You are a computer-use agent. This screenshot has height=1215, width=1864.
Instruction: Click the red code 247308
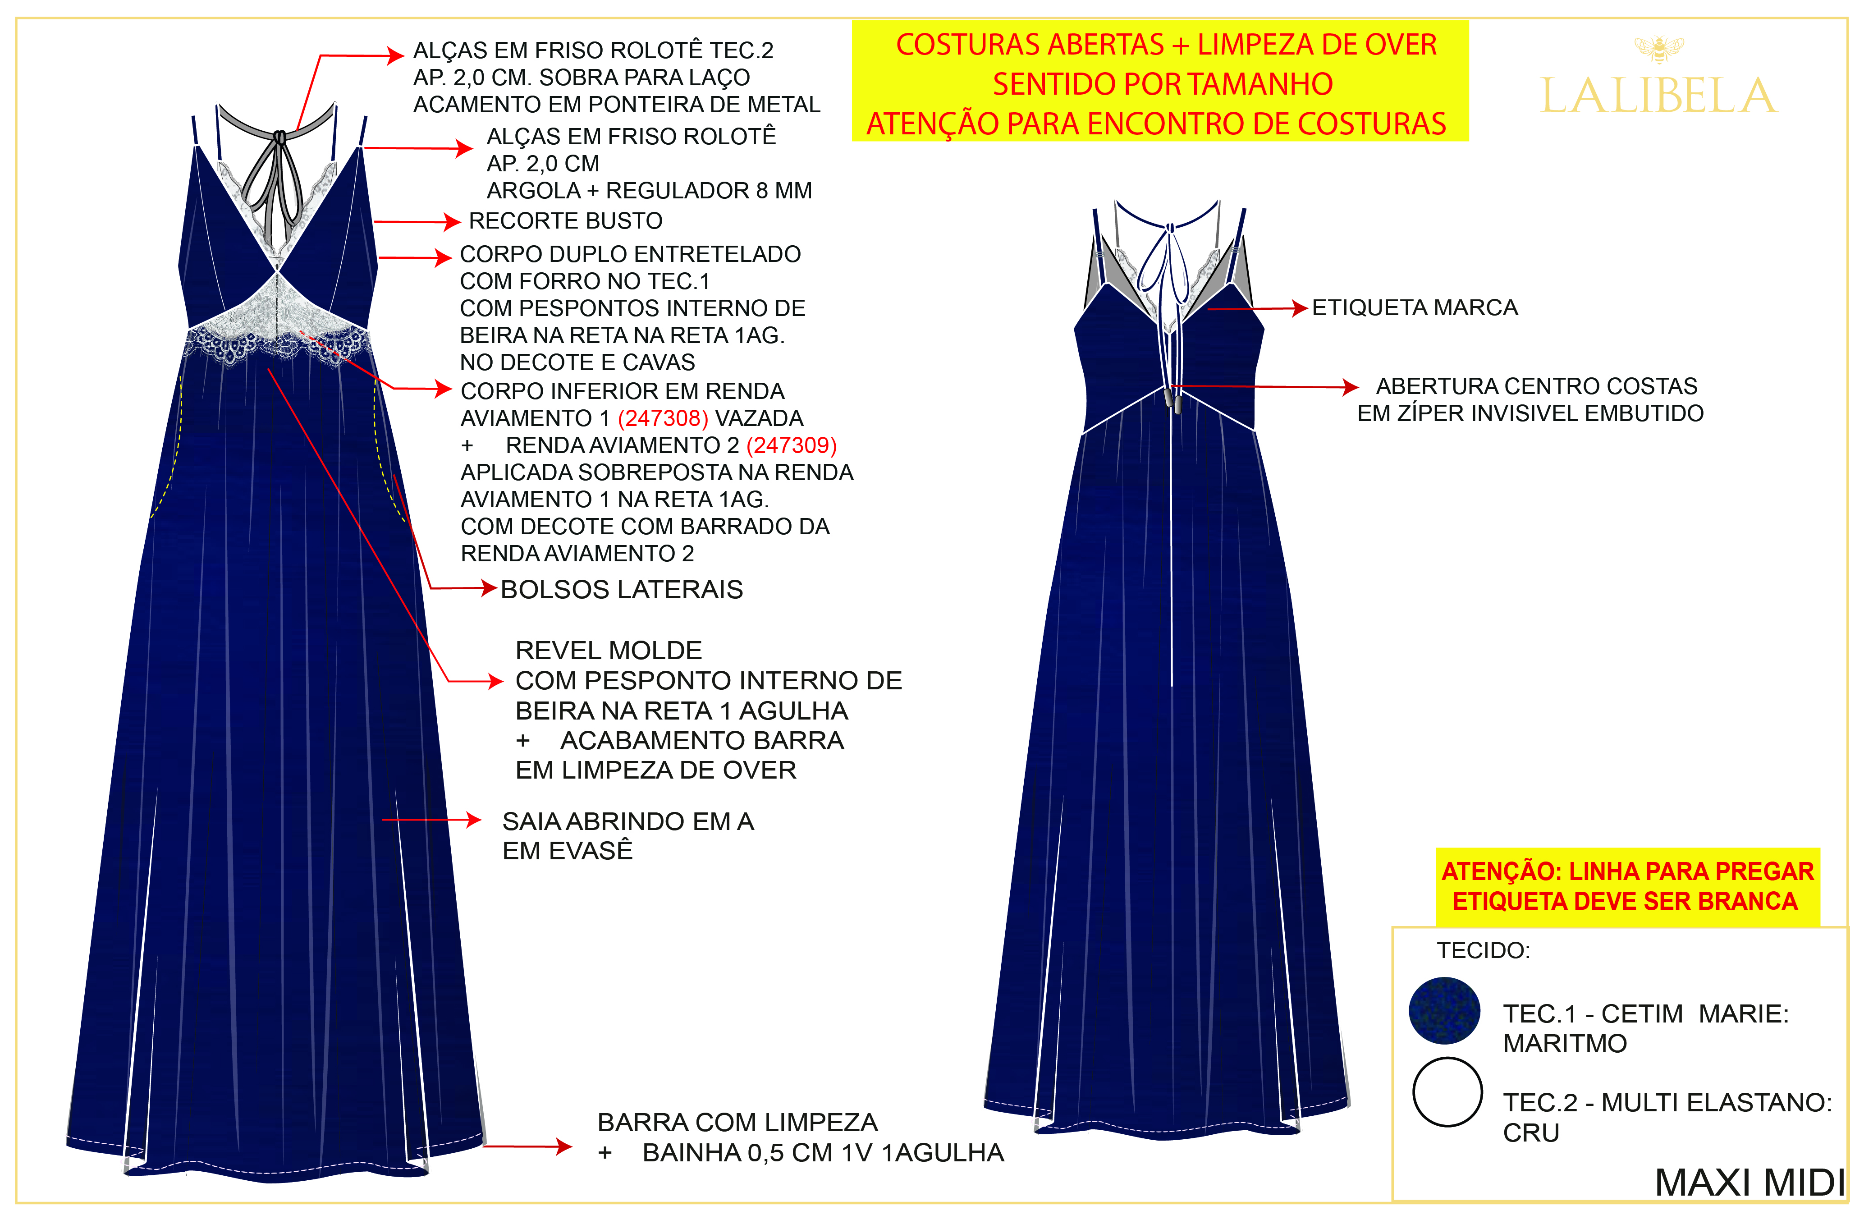[663, 418]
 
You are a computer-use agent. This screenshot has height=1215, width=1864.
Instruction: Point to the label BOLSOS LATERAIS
[621, 590]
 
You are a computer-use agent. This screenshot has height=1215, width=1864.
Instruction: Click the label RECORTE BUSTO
[565, 221]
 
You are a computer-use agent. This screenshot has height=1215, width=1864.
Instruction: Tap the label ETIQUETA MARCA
[1415, 308]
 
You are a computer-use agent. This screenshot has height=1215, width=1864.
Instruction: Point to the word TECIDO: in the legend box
[1483, 950]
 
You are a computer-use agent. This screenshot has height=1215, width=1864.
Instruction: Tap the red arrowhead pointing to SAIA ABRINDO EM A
[474, 820]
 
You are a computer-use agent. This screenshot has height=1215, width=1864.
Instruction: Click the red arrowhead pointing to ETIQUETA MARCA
[1300, 309]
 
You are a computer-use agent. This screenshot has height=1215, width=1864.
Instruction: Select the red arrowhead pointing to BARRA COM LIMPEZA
[564, 1147]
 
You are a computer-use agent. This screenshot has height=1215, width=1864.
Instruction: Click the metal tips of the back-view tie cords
[1172, 399]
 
